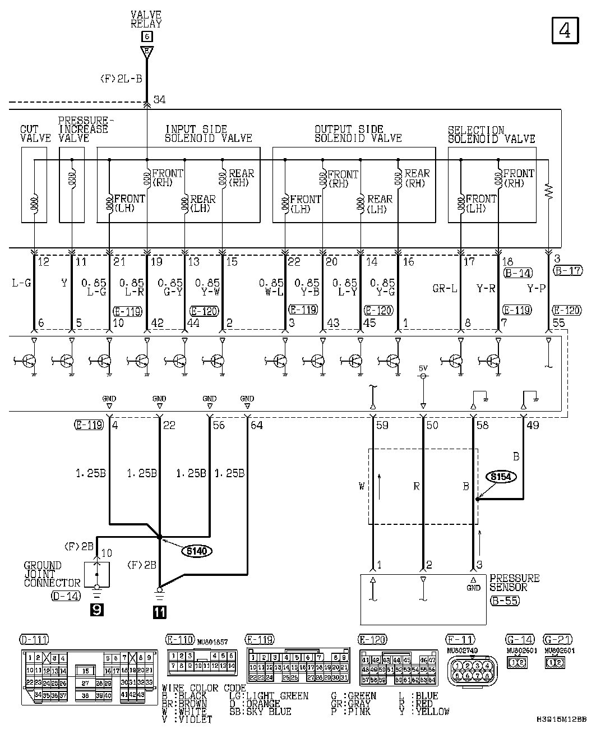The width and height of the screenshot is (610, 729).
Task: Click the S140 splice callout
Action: point(196,551)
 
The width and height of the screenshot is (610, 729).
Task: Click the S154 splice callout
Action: point(501,477)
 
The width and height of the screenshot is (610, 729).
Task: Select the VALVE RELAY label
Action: point(146,20)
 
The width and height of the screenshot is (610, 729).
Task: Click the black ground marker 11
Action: point(160,612)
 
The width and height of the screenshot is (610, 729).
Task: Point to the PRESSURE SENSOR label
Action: point(514,583)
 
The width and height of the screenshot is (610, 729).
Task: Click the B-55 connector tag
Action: point(504,601)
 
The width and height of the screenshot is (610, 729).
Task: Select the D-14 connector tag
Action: point(66,596)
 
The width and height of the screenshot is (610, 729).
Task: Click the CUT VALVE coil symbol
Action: point(35,205)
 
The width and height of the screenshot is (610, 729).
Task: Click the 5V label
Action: point(423,368)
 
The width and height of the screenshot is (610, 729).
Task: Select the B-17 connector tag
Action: point(567,271)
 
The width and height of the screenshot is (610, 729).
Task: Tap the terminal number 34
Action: point(159,100)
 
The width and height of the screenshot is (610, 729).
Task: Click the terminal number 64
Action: point(256,425)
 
